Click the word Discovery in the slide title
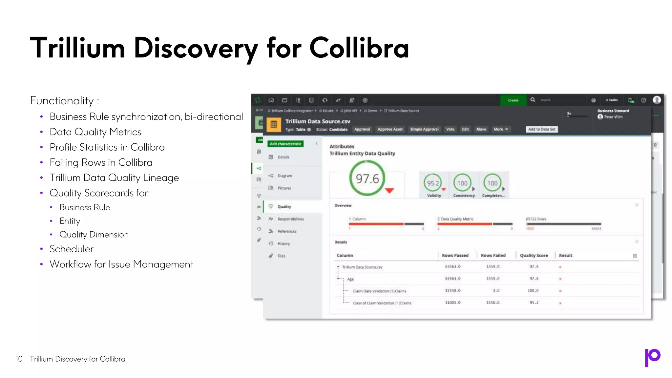(196, 49)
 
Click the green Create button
(513, 100)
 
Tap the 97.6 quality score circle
(367, 179)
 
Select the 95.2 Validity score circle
(433, 183)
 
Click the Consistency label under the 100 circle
(464, 196)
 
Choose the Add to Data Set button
(542, 129)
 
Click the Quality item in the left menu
(284, 207)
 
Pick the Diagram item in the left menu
(284, 176)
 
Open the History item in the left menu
(283, 244)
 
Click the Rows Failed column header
(493, 256)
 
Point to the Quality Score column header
(534, 256)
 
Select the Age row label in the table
(350, 279)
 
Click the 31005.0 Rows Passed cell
(453, 303)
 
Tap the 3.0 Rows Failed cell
(496, 291)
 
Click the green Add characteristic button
(285, 144)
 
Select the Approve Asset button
(390, 129)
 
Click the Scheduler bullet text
(72, 249)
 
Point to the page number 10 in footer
(19, 359)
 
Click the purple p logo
(652, 357)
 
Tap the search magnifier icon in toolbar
(533, 100)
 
